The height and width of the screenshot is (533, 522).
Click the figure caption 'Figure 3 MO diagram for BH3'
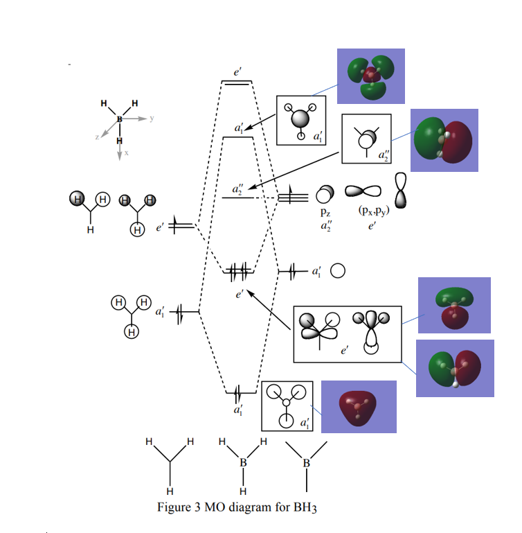click(237, 507)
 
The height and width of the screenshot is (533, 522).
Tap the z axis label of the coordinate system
click(98, 138)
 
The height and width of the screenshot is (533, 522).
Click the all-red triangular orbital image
click(357, 406)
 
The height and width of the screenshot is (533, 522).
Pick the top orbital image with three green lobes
click(370, 76)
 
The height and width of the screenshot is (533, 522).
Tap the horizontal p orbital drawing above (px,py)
click(363, 193)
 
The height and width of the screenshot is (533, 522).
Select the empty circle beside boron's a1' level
click(338, 271)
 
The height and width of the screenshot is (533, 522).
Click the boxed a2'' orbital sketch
click(366, 139)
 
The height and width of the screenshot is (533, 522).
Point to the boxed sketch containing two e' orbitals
click(348, 334)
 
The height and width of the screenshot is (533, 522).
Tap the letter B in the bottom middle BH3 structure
click(242, 462)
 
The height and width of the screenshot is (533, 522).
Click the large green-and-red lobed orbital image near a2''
click(444, 141)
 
